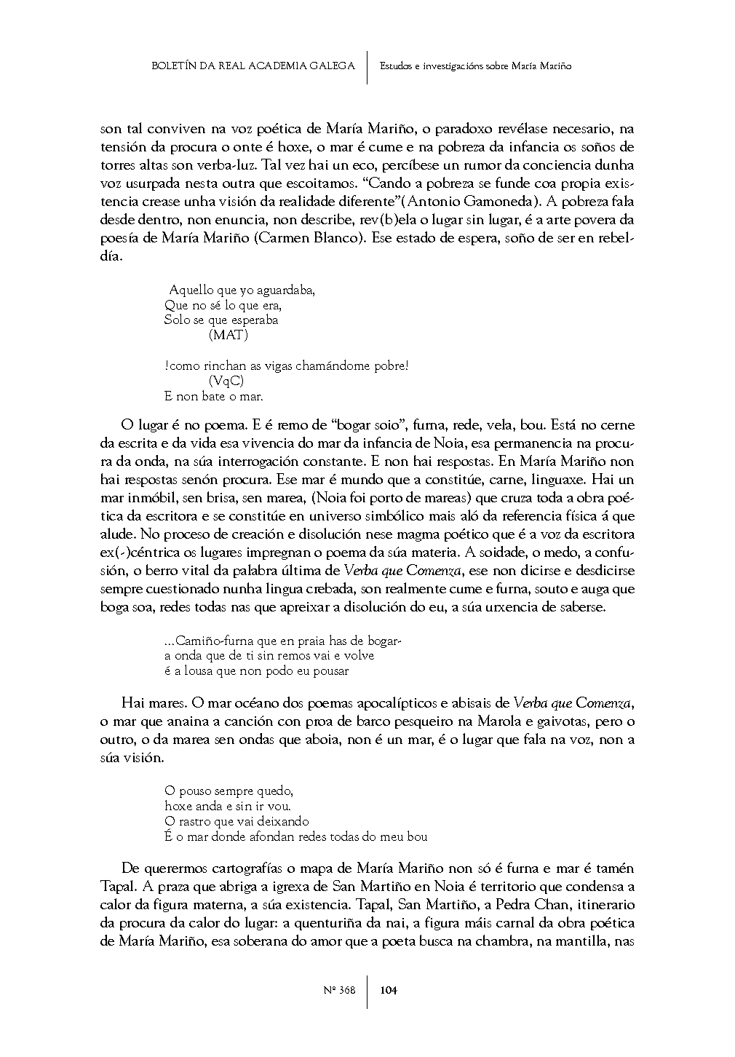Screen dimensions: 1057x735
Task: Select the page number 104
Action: click(x=389, y=989)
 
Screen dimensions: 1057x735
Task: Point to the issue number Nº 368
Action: click(x=338, y=989)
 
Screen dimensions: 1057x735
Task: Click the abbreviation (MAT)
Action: click(x=228, y=335)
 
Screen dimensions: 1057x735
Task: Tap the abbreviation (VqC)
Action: click(x=226, y=381)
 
